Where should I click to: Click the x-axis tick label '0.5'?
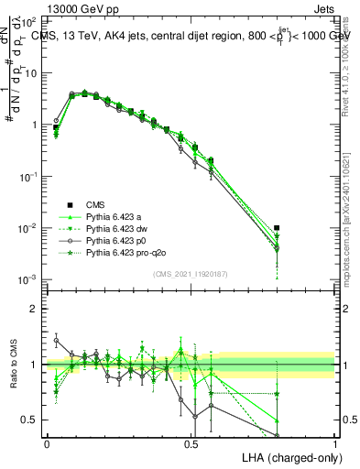pyautogui.click(x=191, y=443)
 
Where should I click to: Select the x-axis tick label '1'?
pyautogui.click(x=335, y=443)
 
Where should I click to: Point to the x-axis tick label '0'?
pyautogui.click(x=47, y=443)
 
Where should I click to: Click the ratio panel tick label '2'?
pyautogui.click(x=33, y=309)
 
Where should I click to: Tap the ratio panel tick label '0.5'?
pyautogui.click(x=28, y=420)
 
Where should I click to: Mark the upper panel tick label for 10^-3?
pyautogui.click(x=27, y=279)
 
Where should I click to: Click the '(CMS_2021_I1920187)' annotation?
pyautogui.click(x=191, y=273)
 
